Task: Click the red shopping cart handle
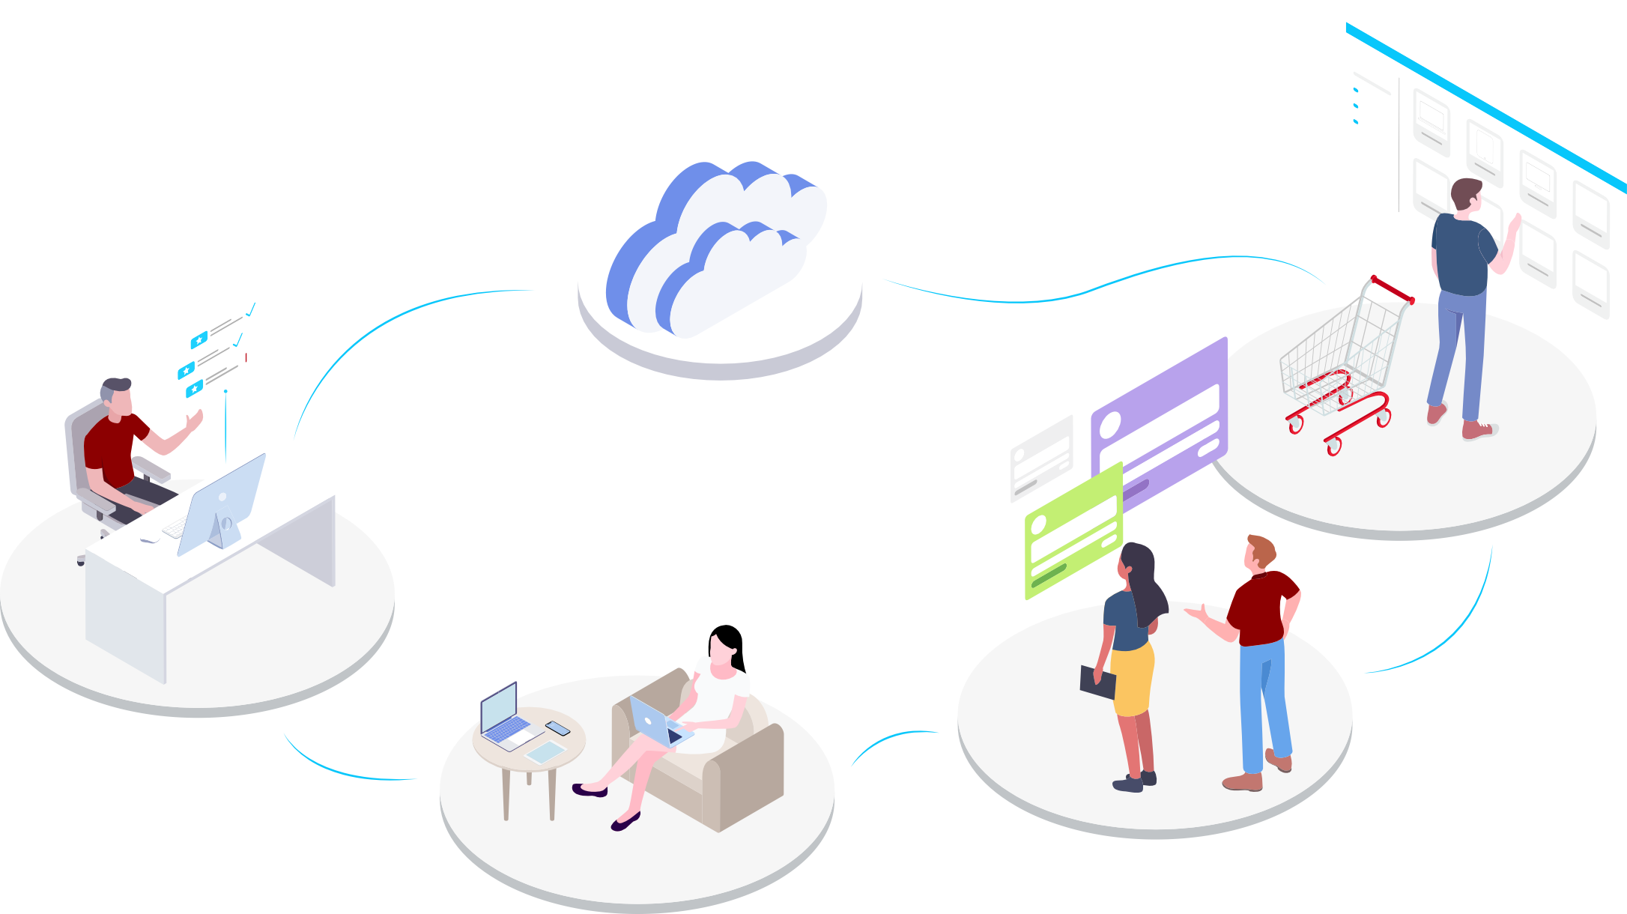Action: [1392, 289]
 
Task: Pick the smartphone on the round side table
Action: [557, 727]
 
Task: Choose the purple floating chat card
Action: [1160, 420]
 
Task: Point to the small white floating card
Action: [1041, 457]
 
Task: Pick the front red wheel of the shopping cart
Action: [1333, 447]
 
